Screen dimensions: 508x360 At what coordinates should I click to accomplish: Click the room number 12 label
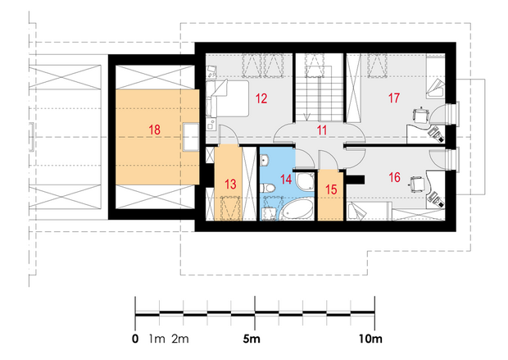point(261,98)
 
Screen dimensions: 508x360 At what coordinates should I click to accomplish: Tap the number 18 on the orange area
point(155,130)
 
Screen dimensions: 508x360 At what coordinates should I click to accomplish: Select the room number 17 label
point(394,98)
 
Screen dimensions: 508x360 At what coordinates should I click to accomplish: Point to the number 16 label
point(394,177)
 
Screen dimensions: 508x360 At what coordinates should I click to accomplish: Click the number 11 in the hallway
point(322,130)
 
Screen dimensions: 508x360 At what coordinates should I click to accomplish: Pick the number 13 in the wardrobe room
point(230,185)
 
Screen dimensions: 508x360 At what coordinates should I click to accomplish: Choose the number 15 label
point(331,189)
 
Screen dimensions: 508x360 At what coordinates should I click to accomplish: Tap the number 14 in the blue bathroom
point(286,180)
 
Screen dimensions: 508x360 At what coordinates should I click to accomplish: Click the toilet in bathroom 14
point(268,188)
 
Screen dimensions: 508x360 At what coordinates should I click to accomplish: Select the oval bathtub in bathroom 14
point(296,209)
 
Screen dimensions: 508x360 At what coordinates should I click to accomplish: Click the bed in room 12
point(228,98)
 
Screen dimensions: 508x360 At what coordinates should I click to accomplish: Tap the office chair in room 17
point(420,116)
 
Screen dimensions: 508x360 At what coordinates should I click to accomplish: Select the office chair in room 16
point(418,185)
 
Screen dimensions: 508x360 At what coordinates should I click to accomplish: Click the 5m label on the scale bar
point(252,339)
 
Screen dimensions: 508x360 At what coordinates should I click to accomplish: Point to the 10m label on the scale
point(370,339)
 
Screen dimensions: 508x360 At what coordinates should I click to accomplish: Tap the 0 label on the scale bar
point(135,339)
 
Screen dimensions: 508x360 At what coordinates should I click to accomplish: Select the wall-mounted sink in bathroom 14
point(265,159)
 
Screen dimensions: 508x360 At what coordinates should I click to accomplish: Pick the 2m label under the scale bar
point(180,339)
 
